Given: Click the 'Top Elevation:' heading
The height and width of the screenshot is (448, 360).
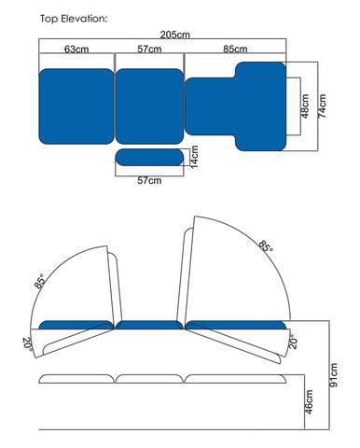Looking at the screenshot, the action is point(74,19).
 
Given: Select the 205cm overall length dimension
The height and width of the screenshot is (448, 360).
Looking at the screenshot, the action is point(174,35).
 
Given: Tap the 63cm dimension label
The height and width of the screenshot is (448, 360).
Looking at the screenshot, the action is point(76,49).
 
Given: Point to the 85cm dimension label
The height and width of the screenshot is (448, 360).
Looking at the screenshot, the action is point(235,49).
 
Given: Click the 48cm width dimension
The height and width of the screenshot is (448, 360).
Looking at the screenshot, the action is point(305,106).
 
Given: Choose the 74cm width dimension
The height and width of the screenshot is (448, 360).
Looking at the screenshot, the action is point(323,105).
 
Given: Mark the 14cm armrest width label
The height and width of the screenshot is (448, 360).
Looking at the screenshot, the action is point(194,157).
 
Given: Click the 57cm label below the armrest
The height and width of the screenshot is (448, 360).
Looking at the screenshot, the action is point(149,180).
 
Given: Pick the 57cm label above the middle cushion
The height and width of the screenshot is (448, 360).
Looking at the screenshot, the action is point(149,49).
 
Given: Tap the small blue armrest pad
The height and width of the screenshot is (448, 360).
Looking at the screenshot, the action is point(149,157).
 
